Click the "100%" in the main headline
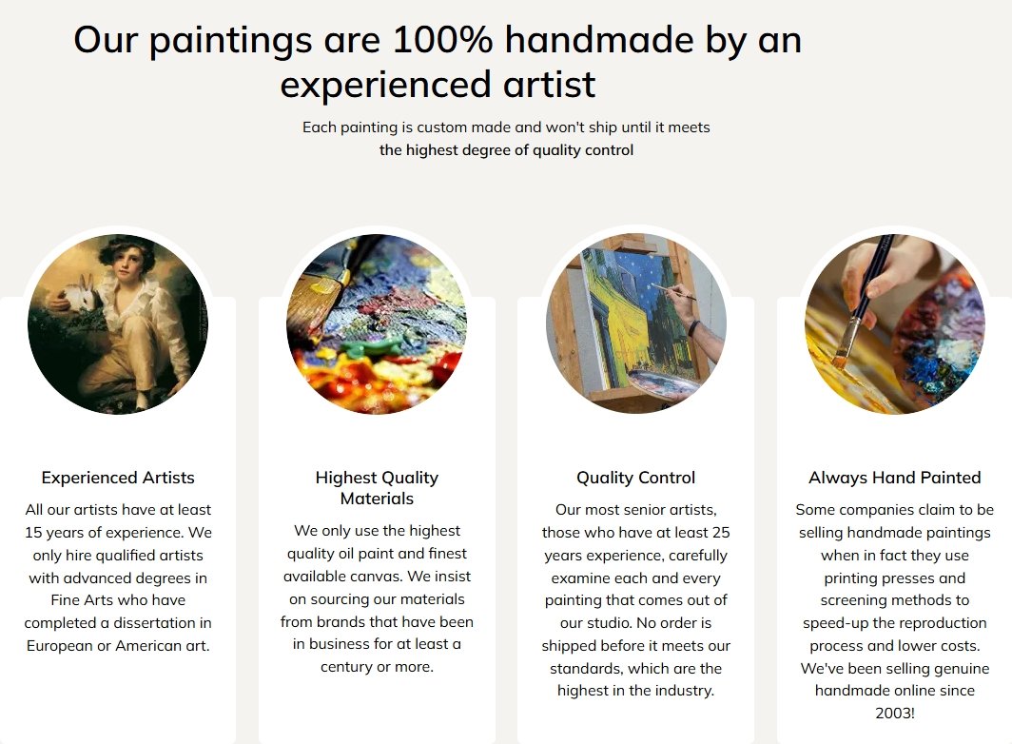point(442,39)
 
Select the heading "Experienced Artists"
point(118,478)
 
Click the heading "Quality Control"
point(635,478)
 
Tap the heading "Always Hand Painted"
point(894,478)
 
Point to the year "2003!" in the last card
point(894,714)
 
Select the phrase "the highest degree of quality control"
point(507,150)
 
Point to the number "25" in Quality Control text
point(721,533)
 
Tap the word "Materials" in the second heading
point(377,499)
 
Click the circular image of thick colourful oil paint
point(377,323)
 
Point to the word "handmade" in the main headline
point(599,39)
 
